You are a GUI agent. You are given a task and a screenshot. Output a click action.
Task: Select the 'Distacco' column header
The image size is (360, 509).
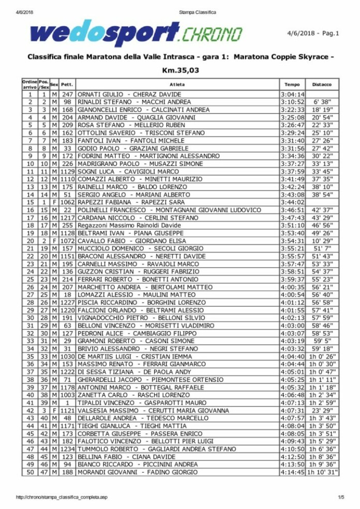(x=322, y=84)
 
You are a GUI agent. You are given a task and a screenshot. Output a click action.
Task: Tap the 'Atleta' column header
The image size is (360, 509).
(x=176, y=84)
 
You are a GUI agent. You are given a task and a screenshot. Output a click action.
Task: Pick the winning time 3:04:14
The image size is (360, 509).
(x=293, y=95)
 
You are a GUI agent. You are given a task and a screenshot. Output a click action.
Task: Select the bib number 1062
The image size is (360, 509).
(x=67, y=202)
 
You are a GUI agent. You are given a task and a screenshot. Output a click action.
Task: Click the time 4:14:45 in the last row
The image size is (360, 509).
(x=293, y=472)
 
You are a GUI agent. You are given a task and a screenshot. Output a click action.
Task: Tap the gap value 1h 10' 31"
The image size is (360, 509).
(x=322, y=472)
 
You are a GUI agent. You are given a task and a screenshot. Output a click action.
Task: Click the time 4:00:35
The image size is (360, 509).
(x=293, y=287)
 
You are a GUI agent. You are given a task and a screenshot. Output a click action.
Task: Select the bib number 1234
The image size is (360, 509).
(x=67, y=449)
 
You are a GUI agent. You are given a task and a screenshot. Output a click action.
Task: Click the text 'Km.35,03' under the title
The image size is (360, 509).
(x=180, y=70)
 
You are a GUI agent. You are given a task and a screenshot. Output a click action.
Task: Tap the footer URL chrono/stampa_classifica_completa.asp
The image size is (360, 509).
(x=62, y=498)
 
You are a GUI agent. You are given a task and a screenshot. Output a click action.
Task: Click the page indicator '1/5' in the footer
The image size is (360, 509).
(x=341, y=498)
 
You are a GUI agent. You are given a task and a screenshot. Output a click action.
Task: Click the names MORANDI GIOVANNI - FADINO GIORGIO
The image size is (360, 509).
(x=137, y=472)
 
